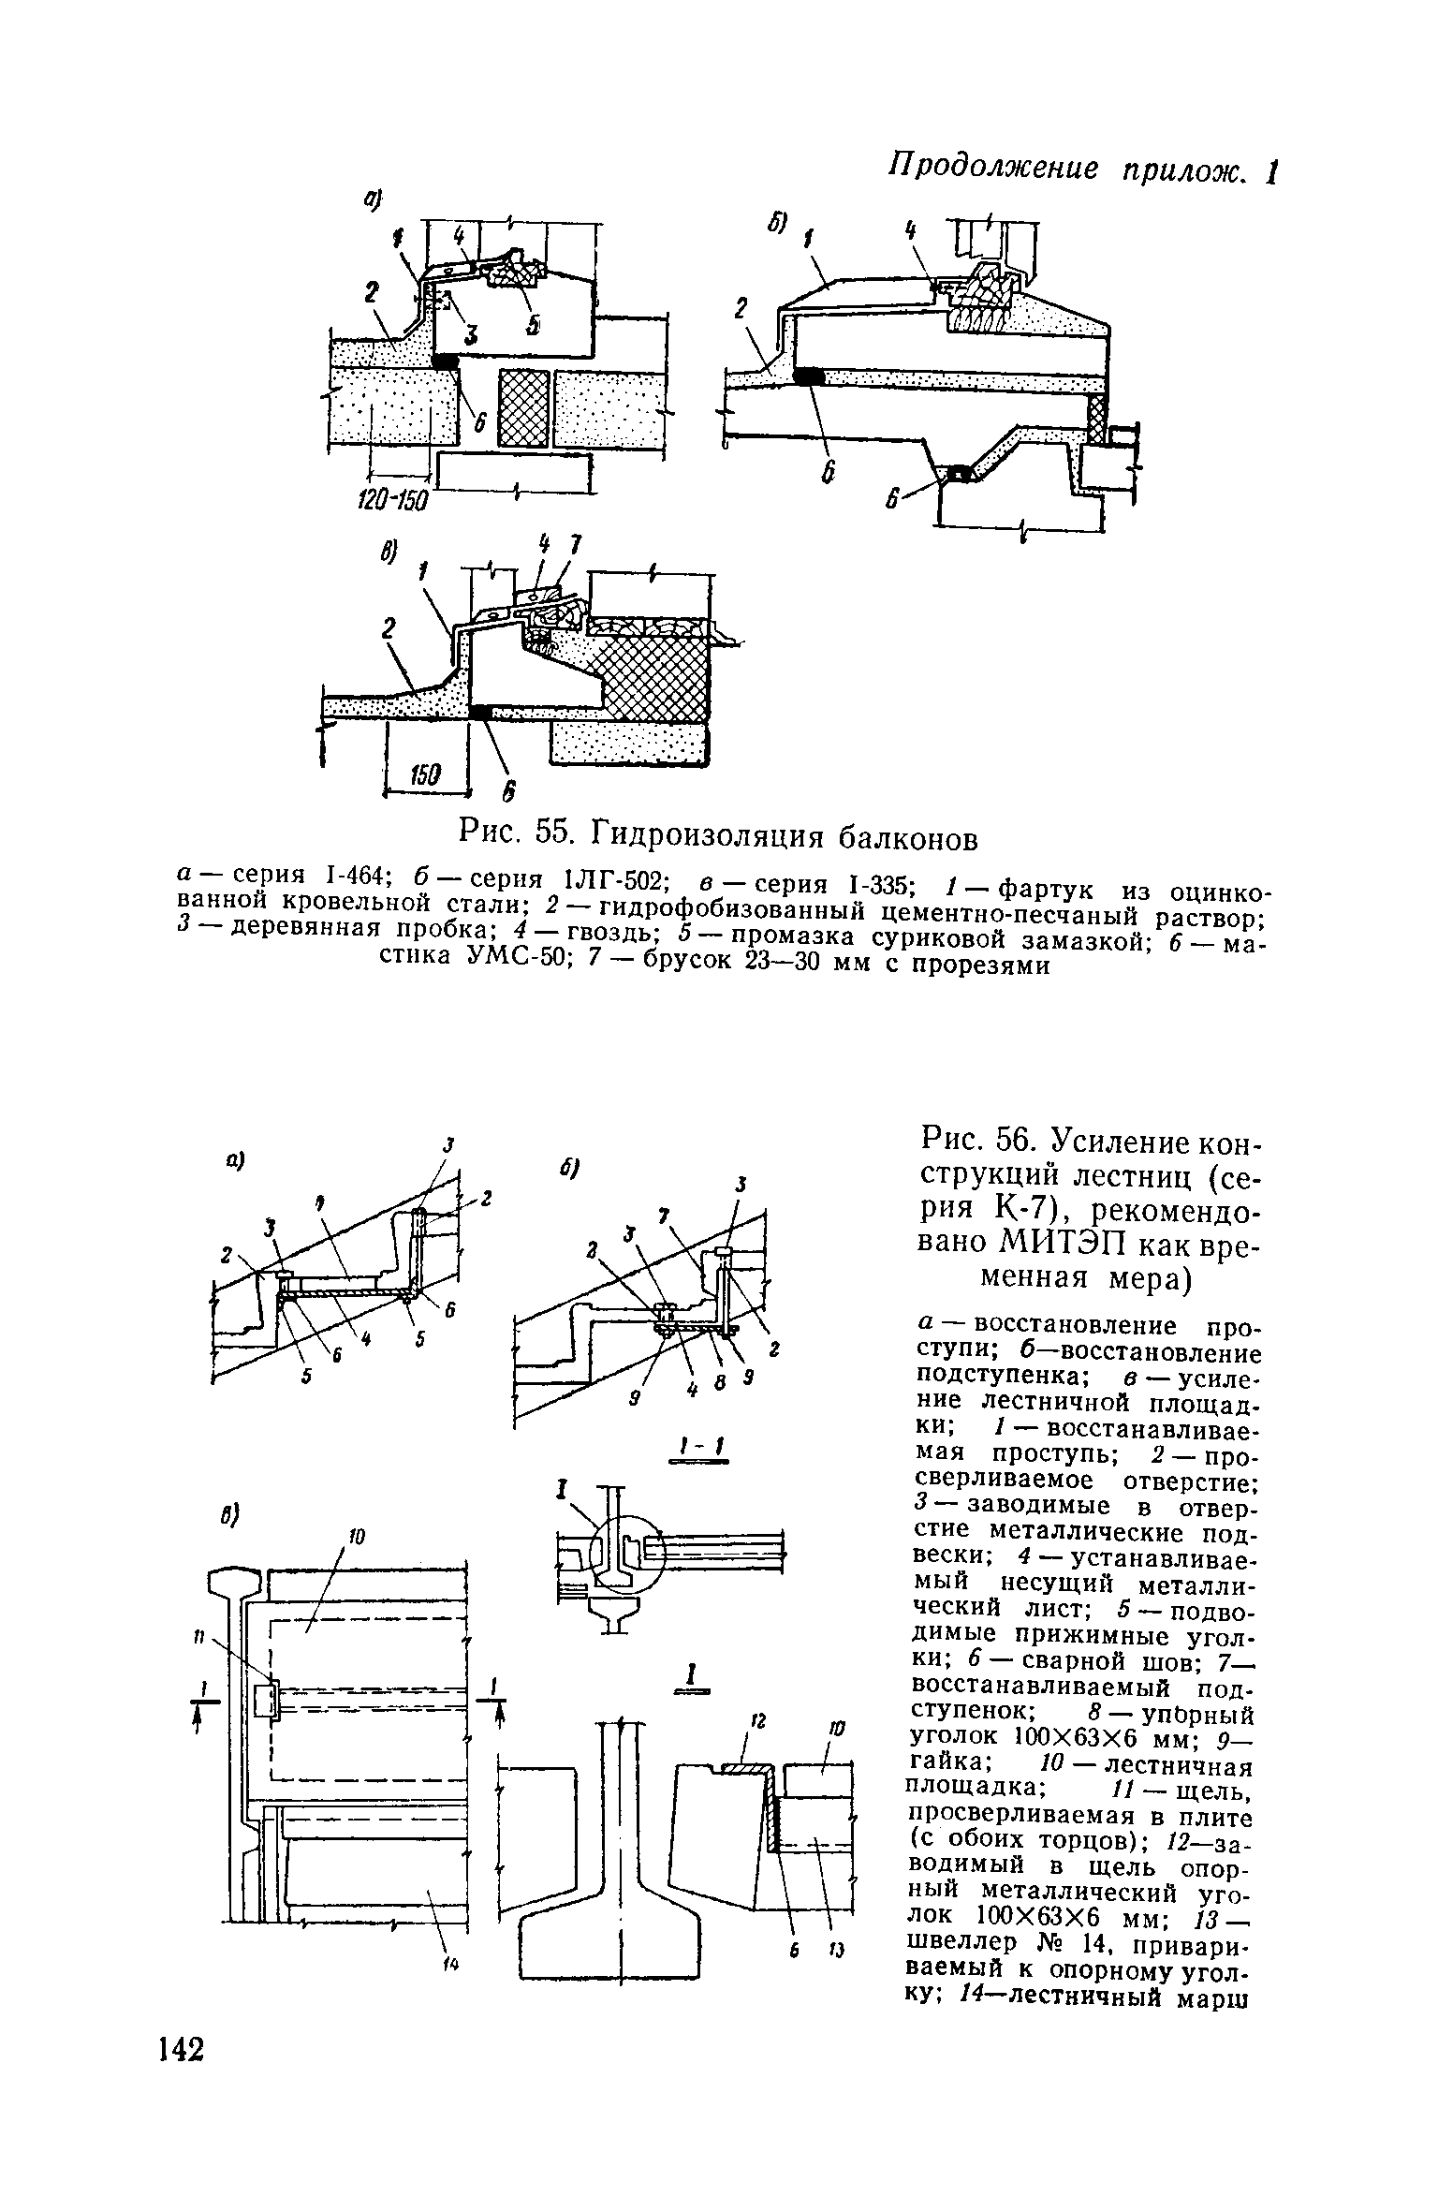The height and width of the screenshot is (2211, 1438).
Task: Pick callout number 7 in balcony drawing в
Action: (576, 544)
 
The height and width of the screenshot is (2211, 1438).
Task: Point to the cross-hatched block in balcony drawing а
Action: (523, 408)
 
